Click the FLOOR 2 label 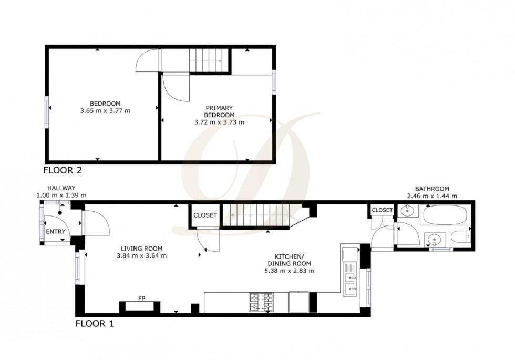click(63, 170)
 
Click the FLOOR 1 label click(95, 323)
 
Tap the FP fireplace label click(141, 299)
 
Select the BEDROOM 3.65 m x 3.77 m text click(105, 107)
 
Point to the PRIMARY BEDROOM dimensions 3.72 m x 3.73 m click(219, 122)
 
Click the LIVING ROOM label click(141, 252)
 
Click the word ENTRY click(56, 232)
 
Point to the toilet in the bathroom click(461, 238)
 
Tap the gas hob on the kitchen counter click(261, 302)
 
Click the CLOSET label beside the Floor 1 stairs click(205, 215)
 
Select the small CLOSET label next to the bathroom click(382, 210)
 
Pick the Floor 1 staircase click(256, 215)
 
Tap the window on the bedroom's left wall click(47, 110)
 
